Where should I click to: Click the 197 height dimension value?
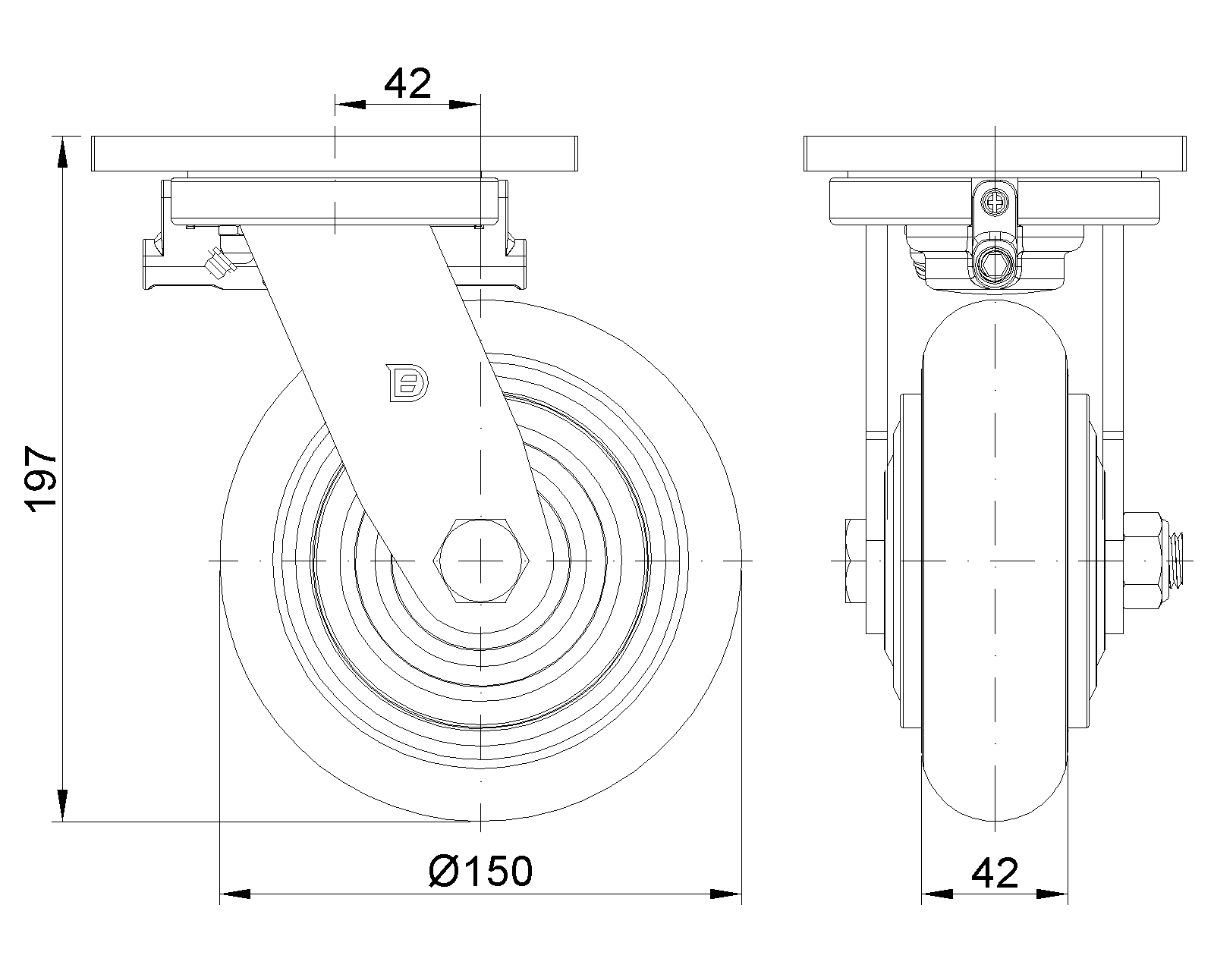[x=41, y=479]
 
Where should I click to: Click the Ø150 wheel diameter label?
[x=480, y=871]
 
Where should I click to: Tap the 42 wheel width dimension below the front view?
[x=995, y=874]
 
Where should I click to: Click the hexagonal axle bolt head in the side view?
[x=480, y=561]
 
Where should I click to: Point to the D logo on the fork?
[x=407, y=383]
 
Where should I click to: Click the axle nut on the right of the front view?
[x=1143, y=561]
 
